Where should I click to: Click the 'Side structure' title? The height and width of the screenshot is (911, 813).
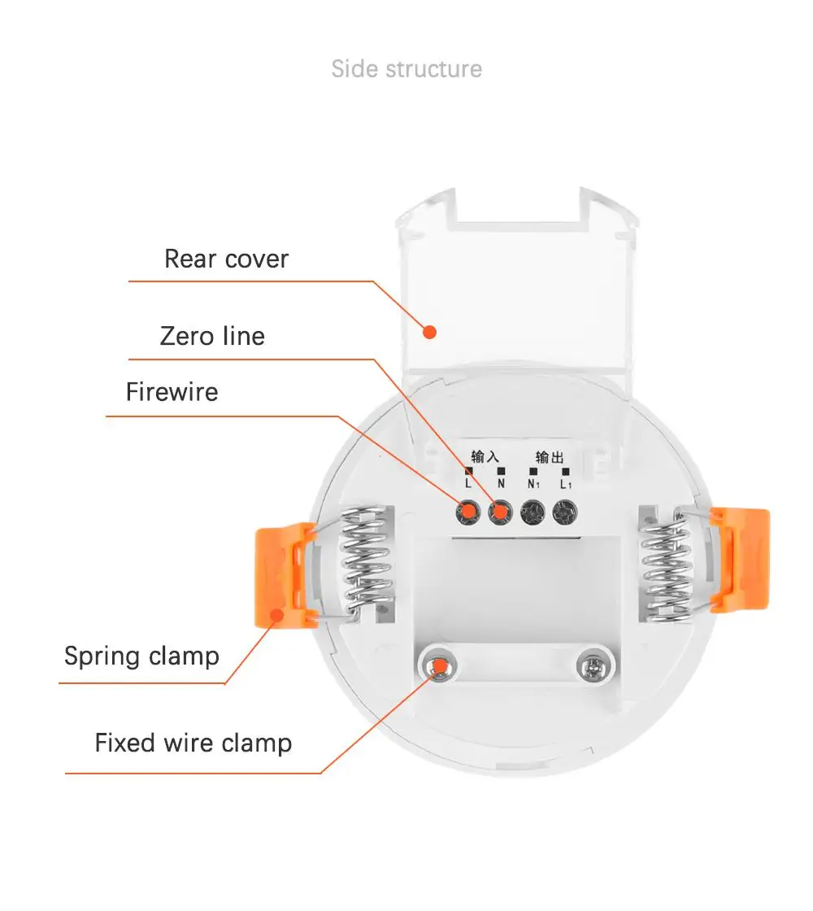406,69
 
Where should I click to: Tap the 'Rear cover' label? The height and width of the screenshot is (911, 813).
226,259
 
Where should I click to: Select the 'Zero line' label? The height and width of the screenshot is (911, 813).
212,336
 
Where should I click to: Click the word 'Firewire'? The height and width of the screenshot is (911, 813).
172,392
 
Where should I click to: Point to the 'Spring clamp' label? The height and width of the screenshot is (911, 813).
141,656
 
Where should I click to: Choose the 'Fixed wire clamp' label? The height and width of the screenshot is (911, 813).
193,743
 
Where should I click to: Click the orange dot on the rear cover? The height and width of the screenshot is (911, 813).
430,332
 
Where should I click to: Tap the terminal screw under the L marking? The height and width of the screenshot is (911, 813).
467,512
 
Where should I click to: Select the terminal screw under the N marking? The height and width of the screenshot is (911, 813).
499,512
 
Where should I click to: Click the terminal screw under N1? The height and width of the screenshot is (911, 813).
532,512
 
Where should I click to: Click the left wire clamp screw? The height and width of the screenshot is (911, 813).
440,667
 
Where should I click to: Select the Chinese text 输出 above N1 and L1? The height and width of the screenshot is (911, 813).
549,457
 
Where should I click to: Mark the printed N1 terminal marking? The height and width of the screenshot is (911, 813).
533,483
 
